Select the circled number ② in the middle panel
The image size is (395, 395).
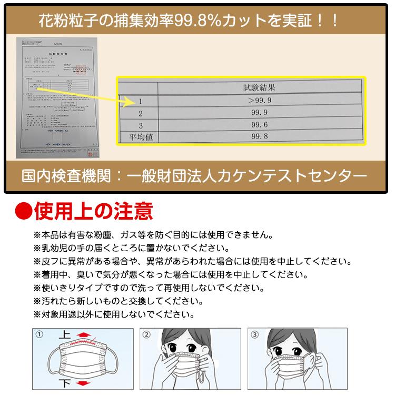(147, 334)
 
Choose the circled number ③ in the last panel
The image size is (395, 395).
(255, 334)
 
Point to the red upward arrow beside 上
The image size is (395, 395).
(83, 334)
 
